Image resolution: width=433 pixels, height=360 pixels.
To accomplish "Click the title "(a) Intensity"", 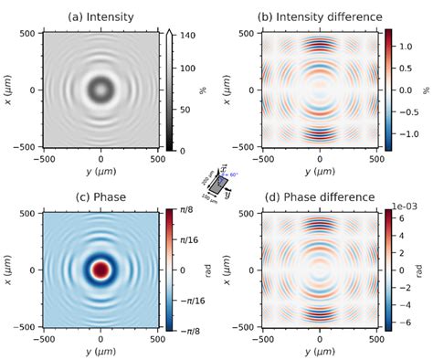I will pos(100,15).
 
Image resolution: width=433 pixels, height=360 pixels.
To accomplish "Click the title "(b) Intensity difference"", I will pos(319,15).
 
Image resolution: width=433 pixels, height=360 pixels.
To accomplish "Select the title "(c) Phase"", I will pos(100,196).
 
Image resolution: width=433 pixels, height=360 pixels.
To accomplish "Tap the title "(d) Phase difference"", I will pos(319,196).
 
